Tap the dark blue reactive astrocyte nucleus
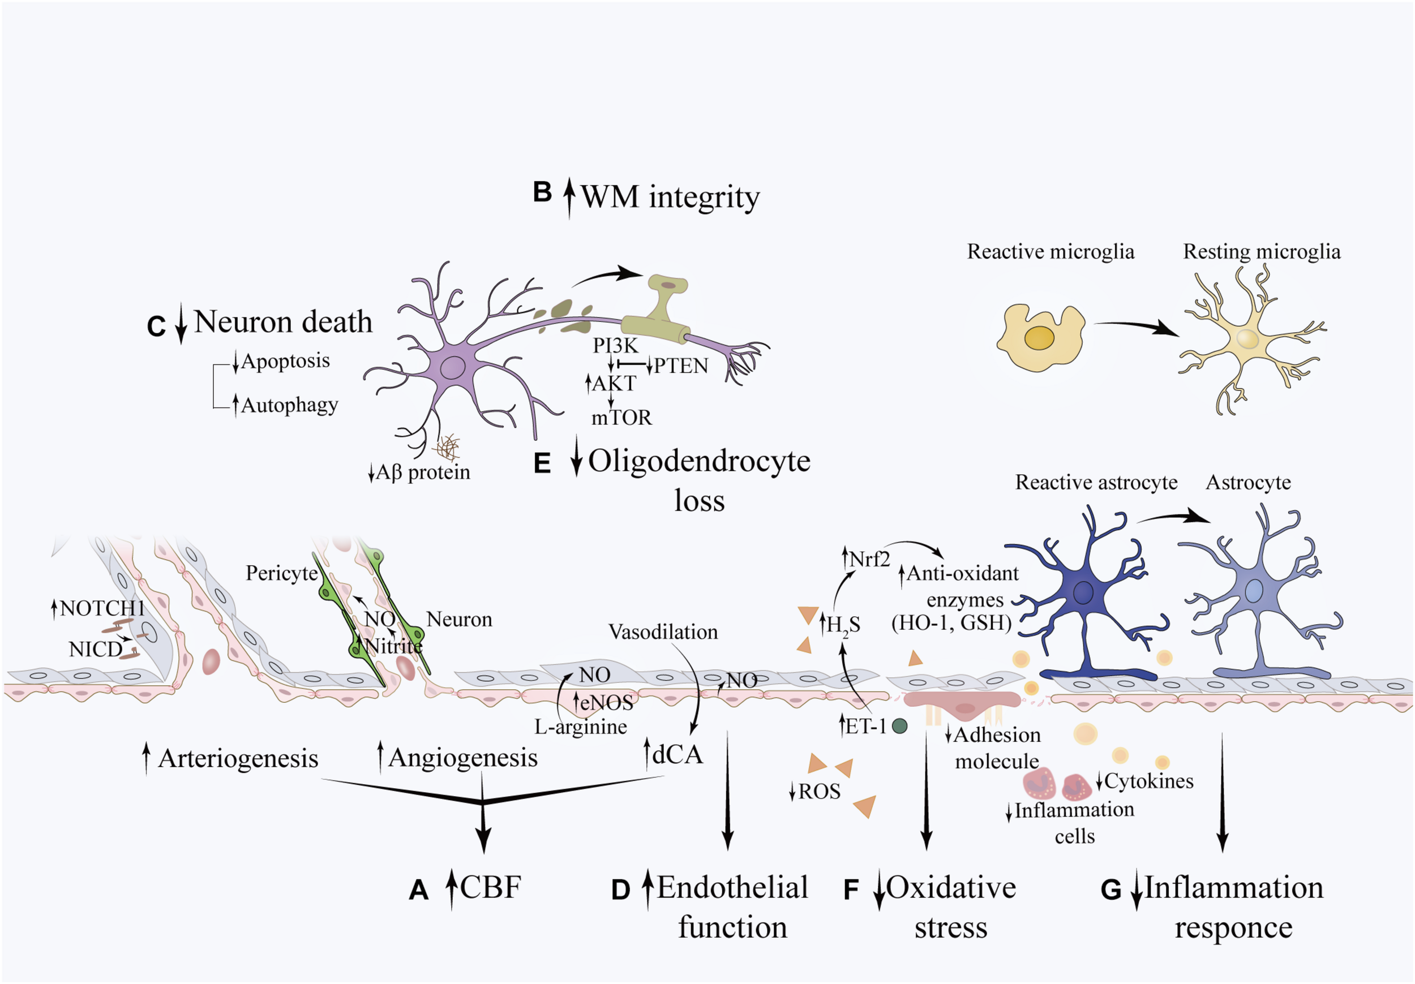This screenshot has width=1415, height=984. pos(1083,593)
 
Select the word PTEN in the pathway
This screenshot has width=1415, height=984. pos(680,366)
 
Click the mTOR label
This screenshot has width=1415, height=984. pos(621,418)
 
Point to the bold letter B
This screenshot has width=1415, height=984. pos(542,192)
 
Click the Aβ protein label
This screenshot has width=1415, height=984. pos(423,472)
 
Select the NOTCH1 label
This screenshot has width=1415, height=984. pos(102,609)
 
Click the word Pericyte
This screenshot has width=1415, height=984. pos(282,573)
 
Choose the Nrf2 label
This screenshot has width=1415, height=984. pos(869,559)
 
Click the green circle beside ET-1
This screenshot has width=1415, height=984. pos(899,727)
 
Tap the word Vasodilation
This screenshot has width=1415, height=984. pos(663,631)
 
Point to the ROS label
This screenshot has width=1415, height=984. pos(819,791)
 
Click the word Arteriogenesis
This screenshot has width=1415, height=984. pos(238,758)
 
